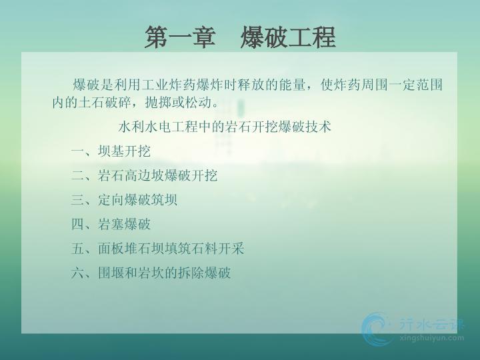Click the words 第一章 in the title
point(180,37)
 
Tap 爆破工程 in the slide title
point(288,37)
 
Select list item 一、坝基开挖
point(111,151)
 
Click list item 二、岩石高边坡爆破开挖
point(144,176)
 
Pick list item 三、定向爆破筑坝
point(124,200)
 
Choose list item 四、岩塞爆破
point(111,224)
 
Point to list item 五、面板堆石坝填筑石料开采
point(157,248)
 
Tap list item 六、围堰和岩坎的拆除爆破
point(151,273)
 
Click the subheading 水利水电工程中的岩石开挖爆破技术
point(225,127)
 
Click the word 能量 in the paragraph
point(293,85)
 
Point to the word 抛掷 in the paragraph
point(158,102)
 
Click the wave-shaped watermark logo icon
point(377,329)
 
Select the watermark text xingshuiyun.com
point(431,338)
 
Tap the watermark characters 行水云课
point(431,325)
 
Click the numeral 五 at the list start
point(77,248)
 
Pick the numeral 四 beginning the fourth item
point(77,224)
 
